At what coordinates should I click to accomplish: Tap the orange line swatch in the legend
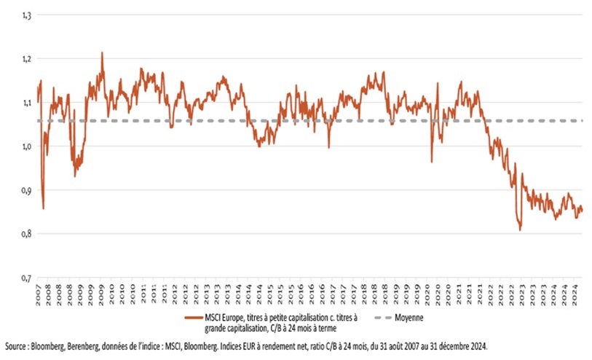[x=194, y=318]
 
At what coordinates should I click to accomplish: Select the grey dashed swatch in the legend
[x=376, y=318]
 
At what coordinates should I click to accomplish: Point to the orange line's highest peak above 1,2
[x=102, y=52]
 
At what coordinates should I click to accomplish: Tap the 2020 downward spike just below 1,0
[x=431, y=161]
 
